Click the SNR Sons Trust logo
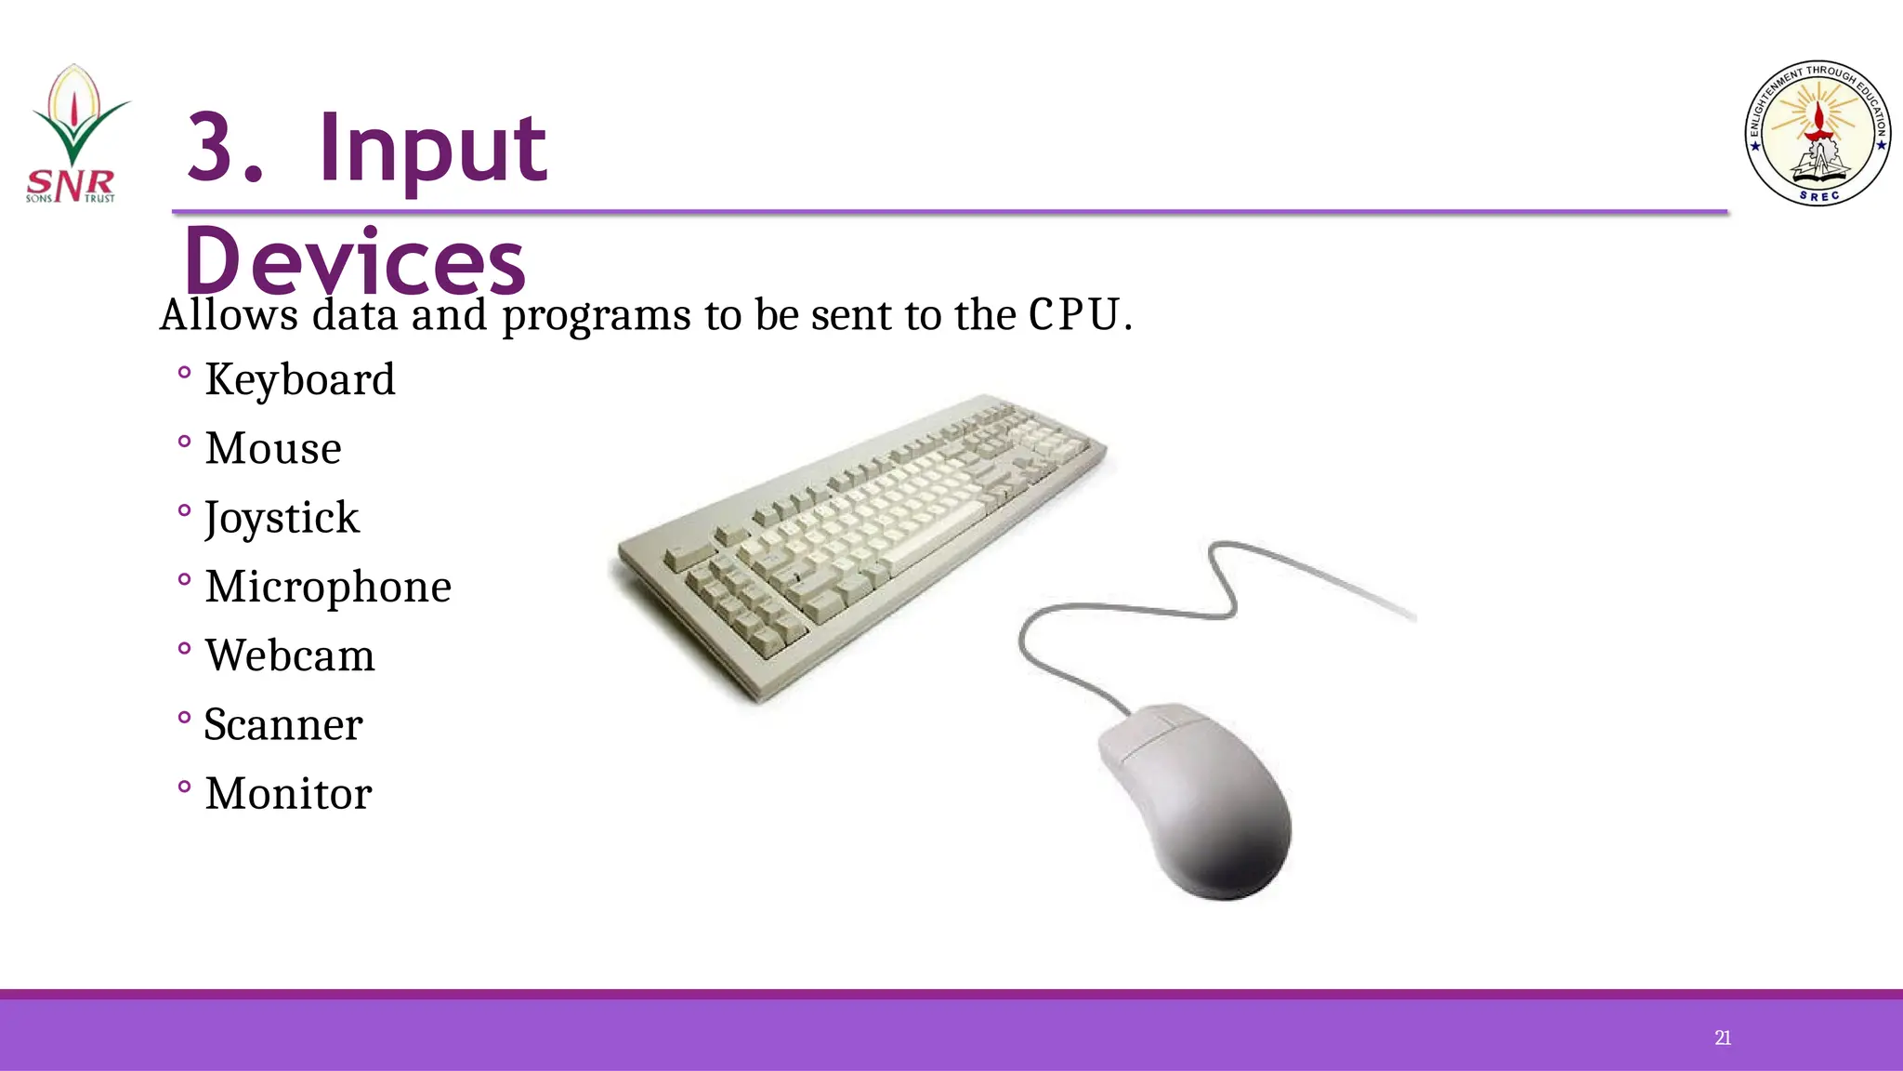(x=74, y=135)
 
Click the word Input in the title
(x=432, y=149)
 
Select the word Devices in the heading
(x=355, y=262)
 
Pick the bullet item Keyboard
(x=300, y=379)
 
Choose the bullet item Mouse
(x=273, y=448)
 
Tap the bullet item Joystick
(x=282, y=518)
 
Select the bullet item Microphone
(x=328, y=587)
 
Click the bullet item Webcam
(x=290, y=655)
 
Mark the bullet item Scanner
(x=283, y=724)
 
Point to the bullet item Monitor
(x=288, y=793)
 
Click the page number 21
(x=1722, y=1038)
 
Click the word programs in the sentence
(x=597, y=316)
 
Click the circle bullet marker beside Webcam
(x=184, y=648)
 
